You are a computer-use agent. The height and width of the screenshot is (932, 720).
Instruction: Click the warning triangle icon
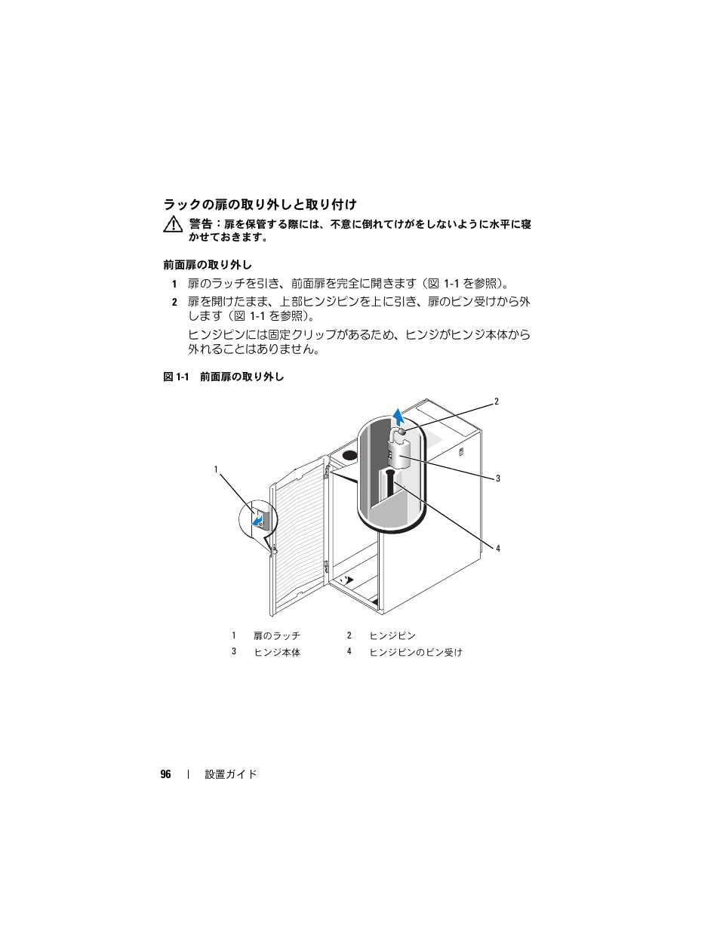173,225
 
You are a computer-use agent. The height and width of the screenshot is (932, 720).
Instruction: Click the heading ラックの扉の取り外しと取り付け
260,205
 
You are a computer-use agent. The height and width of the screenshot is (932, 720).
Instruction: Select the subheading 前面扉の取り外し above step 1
208,265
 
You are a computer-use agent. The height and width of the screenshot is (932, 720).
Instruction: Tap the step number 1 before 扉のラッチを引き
174,284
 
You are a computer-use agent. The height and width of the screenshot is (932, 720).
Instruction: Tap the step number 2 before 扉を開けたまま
174,303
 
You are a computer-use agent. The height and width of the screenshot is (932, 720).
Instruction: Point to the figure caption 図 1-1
176,377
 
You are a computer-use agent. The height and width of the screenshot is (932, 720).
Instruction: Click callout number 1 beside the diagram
217,469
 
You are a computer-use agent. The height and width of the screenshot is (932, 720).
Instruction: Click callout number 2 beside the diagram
497,401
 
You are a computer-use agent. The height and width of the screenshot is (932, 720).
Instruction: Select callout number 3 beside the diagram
498,478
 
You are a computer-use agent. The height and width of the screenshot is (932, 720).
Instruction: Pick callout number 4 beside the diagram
498,548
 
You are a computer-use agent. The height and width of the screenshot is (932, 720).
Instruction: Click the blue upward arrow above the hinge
398,417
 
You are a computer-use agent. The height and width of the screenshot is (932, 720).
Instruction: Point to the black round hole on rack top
350,455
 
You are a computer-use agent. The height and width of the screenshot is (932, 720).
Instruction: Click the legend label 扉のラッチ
277,635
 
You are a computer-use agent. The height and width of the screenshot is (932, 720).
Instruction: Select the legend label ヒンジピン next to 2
392,635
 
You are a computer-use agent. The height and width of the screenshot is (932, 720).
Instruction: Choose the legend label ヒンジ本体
277,652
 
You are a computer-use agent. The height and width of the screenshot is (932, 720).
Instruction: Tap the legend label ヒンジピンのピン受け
416,652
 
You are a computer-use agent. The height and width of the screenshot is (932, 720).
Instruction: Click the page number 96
165,774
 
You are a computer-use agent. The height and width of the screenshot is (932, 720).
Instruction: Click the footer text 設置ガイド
231,774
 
